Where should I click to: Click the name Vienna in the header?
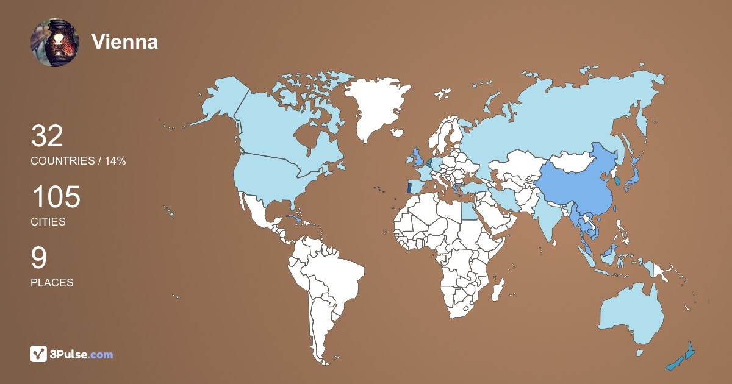(x=124, y=42)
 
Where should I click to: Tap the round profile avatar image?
(x=55, y=43)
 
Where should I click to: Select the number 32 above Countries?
(x=47, y=137)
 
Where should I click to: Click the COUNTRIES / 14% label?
(x=78, y=161)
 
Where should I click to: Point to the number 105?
(x=56, y=198)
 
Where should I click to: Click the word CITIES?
(x=48, y=222)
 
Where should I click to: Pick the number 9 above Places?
(x=38, y=258)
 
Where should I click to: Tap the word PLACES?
(x=52, y=283)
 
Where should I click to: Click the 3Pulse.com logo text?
(x=82, y=354)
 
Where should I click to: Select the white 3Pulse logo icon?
(x=38, y=354)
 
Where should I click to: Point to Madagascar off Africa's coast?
(x=499, y=288)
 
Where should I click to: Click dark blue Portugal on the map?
(x=409, y=188)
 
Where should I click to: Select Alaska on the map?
(x=220, y=101)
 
